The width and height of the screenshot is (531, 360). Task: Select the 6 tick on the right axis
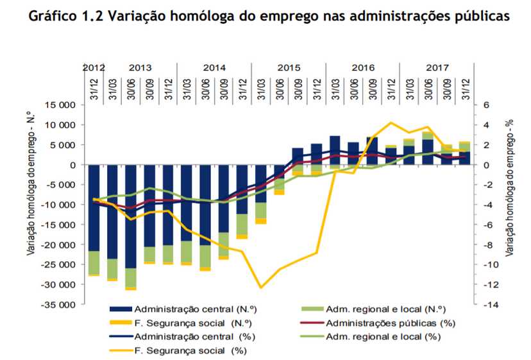click(x=485, y=105)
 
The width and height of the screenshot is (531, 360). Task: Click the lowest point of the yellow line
click(x=261, y=287)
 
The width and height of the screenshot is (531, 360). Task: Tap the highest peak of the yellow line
click(x=391, y=123)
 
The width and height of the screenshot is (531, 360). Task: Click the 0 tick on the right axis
click(x=485, y=165)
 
